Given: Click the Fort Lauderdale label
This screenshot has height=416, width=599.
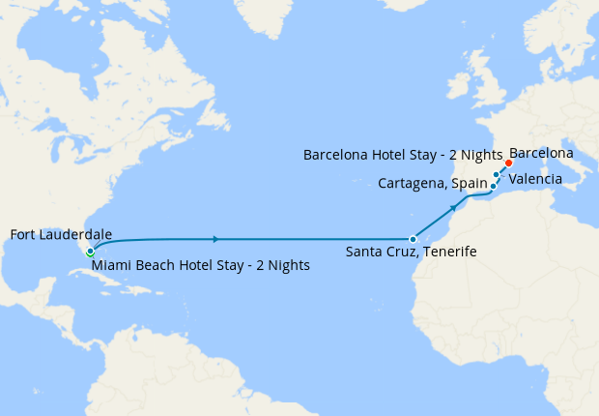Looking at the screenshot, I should (x=60, y=234).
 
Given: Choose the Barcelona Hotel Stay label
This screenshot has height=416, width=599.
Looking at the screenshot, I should (x=403, y=155).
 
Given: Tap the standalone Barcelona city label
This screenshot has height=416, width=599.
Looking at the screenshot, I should (x=541, y=153).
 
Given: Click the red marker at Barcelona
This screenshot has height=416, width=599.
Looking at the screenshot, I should (x=508, y=163).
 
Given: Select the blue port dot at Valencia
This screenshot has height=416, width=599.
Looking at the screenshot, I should (x=497, y=175).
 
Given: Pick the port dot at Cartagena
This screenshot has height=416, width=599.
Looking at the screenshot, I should (x=493, y=185).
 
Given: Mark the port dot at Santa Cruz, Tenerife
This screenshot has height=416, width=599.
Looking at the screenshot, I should (x=413, y=238).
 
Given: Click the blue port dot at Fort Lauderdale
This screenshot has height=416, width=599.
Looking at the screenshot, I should (x=90, y=251).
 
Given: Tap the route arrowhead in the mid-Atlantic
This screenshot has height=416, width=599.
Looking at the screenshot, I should (x=215, y=238).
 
